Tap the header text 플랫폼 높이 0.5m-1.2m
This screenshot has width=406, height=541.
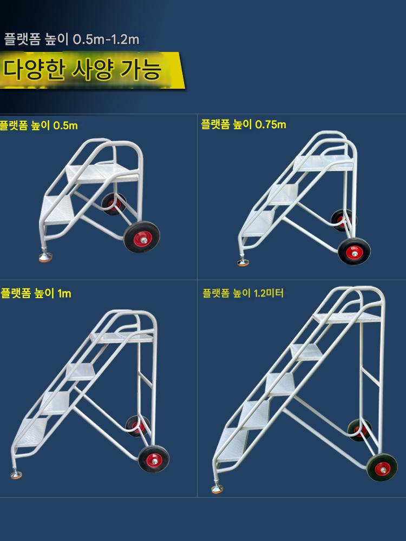(71, 39)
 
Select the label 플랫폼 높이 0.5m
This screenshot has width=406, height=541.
(38, 126)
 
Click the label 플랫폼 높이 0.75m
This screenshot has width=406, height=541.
(244, 124)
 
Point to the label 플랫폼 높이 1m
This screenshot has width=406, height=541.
(36, 293)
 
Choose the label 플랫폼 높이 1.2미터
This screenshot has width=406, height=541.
(243, 293)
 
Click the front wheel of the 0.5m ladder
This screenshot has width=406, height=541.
(141, 237)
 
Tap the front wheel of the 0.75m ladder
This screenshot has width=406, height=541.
(354, 251)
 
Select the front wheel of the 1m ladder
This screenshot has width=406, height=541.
(154, 459)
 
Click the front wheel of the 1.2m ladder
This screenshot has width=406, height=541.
(382, 467)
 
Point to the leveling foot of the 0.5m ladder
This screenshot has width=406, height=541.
(45, 257)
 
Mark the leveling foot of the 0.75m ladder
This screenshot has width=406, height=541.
(243, 262)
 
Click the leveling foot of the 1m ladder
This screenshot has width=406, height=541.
(16, 475)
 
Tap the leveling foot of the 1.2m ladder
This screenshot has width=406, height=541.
(217, 489)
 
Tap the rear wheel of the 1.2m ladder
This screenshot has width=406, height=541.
(359, 430)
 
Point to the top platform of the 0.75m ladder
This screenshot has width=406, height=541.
(324, 163)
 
